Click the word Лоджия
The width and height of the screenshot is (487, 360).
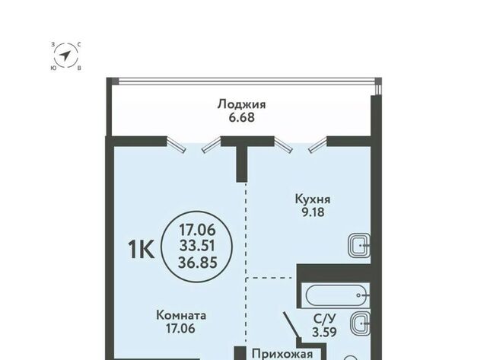pyautogui.click(x=241, y=105)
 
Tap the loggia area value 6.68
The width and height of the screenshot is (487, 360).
pyautogui.click(x=242, y=118)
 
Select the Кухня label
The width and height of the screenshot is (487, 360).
pyautogui.click(x=313, y=199)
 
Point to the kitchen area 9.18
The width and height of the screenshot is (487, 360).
pyautogui.click(x=313, y=212)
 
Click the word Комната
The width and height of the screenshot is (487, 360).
pyautogui.click(x=181, y=316)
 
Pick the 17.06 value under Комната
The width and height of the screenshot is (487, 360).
pyautogui.click(x=180, y=328)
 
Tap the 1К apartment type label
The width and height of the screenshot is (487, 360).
pyautogui.click(x=141, y=250)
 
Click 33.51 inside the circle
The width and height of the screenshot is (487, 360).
pyautogui.click(x=197, y=247)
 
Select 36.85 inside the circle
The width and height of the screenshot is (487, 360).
pyautogui.click(x=198, y=263)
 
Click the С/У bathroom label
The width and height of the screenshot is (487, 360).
pyautogui.click(x=325, y=319)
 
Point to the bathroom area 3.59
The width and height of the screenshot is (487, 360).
pyautogui.click(x=325, y=332)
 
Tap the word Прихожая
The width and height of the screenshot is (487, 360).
pyautogui.click(x=282, y=354)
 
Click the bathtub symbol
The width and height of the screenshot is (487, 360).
pyautogui.click(x=337, y=295)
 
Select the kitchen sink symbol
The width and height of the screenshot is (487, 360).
pyautogui.click(x=359, y=245)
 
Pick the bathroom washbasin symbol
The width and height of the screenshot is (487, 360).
pyautogui.click(x=360, y=323)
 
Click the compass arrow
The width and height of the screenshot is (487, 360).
pyautogui.click(x=65, y=56)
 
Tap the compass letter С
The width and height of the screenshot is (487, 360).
pyautogui.click(x=79, y=45)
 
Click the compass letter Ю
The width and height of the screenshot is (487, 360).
pyautogui.click(x=53, y=68)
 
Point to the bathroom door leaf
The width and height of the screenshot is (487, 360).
pyautogui.click(x=291, y=325)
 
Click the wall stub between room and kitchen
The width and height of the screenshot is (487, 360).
pyautogui.click(x=242, y=164)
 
